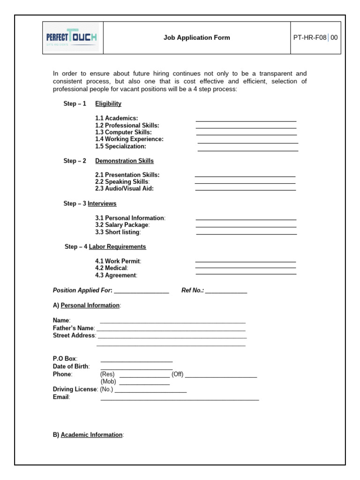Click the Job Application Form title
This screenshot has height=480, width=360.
pyautogui.click(x=196, y=37)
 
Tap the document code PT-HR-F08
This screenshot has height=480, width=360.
pyautogui.click(x=309, y=37)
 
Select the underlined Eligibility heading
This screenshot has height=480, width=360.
pyautogui.click(x=108, y=104)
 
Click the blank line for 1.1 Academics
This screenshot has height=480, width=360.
pyautogui.click(x=246, y=120)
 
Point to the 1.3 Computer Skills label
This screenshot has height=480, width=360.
pyautogui.click(x=123, y=132)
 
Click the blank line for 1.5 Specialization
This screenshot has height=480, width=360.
pyautogui.click(x=248, y=150)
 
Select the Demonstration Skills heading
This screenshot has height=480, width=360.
pyautogui.click(x=124, y=161)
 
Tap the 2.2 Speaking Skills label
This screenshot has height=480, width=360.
pyautogui.click(x=122, y=181)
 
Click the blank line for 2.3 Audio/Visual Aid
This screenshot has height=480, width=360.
pyautogui.click(x=246, y=189)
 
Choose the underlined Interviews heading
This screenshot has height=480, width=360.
pyautogui.click(x=102, y=203)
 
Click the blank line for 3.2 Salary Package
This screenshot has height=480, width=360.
pyautogui.click(x=246, y=226)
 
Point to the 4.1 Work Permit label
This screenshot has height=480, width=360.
pyautogui.click(x=118, y=261)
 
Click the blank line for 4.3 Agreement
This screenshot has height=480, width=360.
pyautogui.click(x=246, y=273)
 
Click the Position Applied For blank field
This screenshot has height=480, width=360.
pyautogui.click(x=141, y=292)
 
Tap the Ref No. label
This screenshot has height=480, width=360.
pyautogui.click(x=193, y=291)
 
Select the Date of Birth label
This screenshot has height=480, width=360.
pyautogui.click(x=71, y=366)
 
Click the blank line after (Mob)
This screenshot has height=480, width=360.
pyautogui.click(x=144, y=384)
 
